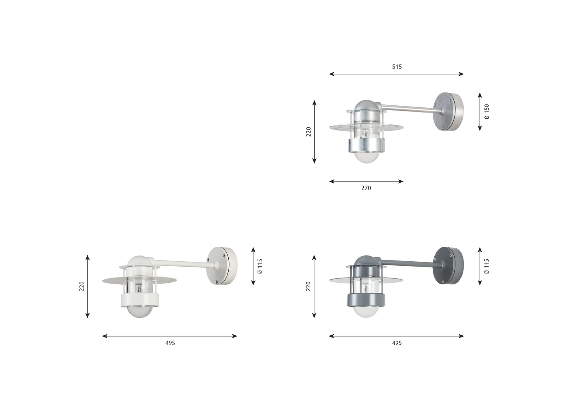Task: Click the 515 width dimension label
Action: pos(397,67)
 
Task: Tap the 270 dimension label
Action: pos(366,188)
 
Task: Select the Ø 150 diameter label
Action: pos(487,112)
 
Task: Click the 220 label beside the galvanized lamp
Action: pos(309,132)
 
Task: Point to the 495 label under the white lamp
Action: pos(170,343)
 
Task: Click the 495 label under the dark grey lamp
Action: pos(397,343)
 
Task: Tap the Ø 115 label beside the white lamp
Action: pos(260,266)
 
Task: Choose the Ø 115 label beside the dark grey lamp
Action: pos(487,266)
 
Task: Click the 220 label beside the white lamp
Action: pos(82,286)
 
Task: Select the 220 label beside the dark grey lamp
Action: pos(309,286)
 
